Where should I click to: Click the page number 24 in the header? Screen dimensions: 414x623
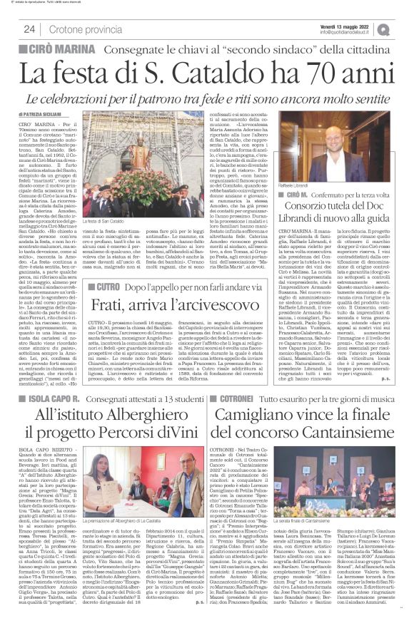click(30, 29)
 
